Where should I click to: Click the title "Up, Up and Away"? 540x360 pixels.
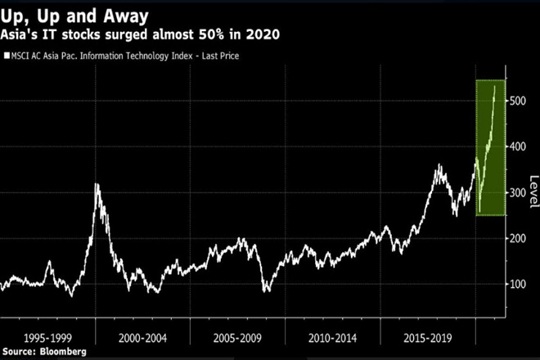click(x=74, y=15)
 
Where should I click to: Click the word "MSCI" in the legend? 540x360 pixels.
click(x=25, y=56)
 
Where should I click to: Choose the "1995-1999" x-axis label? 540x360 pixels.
click(x=47, y=336)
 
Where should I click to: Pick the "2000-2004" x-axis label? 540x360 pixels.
click(x=142, y=336)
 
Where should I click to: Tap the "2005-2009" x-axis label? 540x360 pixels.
click(x=237, y=336)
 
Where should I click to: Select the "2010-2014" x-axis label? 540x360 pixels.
click(x=332, y=336)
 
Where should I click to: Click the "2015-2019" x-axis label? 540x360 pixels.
click(x=427, y=336)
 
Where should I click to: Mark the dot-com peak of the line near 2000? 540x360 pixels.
click(x=97, y=185)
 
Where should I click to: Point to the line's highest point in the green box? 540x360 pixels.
click(x=494, y=85)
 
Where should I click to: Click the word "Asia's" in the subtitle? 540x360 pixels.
click(x=25, y=34)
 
